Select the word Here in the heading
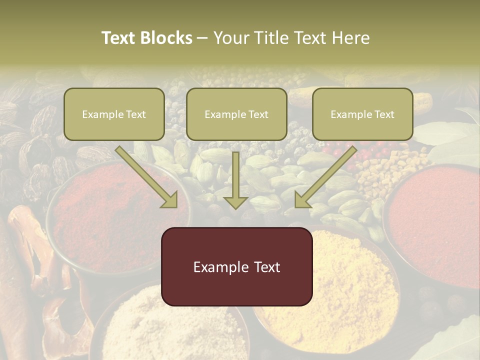[x=351, y=38]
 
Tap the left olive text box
[x=114, y=114]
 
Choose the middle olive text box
[x=236, y=114]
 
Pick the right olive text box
[x=362, y=114]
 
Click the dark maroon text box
[x=236, y=266]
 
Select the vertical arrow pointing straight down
[x=235, y=180]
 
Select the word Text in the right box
[x=384, y=114]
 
